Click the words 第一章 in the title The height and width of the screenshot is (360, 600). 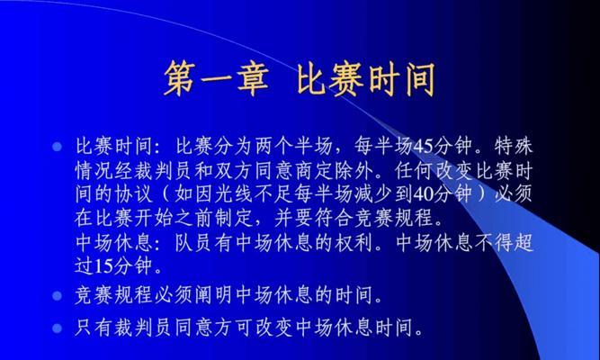click(216, 78)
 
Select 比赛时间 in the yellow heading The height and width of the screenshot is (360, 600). click(366, 78)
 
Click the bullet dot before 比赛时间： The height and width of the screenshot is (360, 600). click(57, 147)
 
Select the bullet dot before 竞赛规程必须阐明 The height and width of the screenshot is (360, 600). click(57, 296)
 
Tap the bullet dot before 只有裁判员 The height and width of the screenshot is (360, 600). click(57, 328)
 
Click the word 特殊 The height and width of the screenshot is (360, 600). click(514, 146)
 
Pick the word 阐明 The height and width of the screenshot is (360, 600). click(214, 295)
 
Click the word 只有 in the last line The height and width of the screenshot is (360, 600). click(94, 328)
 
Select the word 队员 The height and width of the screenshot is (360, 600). click(194, 242)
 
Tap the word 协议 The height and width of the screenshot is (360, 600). click(134, 194)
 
